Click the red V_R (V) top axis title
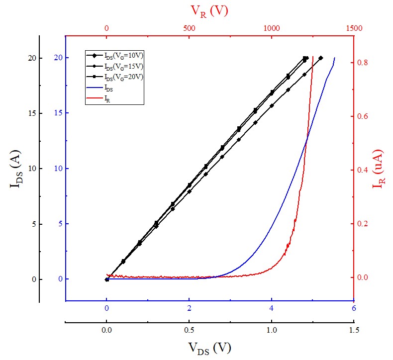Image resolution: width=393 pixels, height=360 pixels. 209,11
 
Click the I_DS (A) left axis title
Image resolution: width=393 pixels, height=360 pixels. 15,169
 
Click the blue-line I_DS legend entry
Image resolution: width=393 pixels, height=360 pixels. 108,88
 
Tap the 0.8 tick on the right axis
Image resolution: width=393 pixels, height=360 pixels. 363,63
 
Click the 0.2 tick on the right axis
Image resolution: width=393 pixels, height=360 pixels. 363,224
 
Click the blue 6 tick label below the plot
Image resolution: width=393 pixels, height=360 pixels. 354,308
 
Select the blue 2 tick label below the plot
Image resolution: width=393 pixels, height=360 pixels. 189,308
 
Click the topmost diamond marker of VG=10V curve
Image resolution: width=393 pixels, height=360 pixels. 321,58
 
